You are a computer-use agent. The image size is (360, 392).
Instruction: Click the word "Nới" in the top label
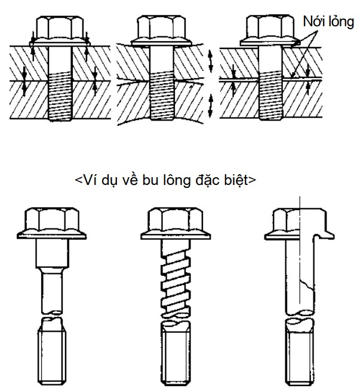313,21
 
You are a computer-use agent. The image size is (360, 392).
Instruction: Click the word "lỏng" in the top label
341,22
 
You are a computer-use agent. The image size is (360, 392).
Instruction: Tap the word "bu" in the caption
150,180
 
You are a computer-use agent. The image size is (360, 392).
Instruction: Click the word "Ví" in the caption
90,180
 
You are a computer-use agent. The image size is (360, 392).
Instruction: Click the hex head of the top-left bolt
60,27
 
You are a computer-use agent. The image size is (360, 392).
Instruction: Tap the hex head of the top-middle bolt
161,27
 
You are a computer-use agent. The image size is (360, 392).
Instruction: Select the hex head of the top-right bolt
270,27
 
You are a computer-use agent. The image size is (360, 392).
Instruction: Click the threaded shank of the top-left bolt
60,96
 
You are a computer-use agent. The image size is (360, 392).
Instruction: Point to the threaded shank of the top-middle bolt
162,96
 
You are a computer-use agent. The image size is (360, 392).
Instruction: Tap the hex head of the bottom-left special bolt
51,220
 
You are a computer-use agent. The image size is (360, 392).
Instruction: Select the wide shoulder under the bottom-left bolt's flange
52,253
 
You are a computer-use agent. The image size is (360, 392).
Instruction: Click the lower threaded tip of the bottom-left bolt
52,354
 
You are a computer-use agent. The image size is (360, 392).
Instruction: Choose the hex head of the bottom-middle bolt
176,220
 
